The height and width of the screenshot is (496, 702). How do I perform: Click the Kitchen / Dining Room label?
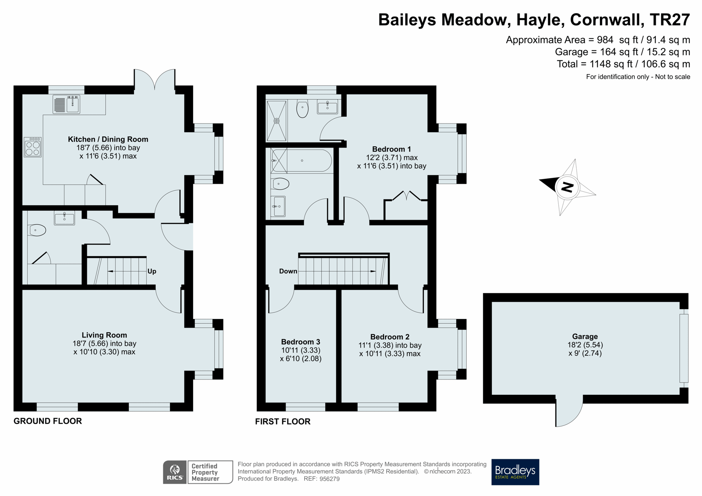(108, 139)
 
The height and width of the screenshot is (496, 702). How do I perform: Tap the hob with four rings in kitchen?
(33, 147)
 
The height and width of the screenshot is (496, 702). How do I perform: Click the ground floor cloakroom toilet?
(37, 230)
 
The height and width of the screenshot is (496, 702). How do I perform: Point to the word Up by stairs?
(152, 271)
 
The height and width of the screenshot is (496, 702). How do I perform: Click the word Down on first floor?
(288, 271)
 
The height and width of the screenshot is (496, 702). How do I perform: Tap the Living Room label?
(104, 335)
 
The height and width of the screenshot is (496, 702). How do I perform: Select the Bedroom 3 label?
(301, 342)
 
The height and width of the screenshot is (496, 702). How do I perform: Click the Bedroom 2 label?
(390, 337)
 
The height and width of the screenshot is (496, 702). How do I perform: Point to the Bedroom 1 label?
(391, 149)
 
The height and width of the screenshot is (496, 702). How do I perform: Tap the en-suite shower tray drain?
(277, 121)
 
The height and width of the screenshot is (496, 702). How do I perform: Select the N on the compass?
(567, 187)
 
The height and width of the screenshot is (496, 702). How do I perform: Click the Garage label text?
(585, 336)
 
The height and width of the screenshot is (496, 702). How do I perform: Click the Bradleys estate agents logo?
(515, 472)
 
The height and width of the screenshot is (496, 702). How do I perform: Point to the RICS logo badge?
(175, 472)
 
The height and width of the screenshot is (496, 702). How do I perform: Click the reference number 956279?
(329, 479)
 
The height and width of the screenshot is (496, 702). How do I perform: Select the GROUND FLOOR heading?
(48, 421)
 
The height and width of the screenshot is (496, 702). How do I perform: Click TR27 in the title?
(670, 20)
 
